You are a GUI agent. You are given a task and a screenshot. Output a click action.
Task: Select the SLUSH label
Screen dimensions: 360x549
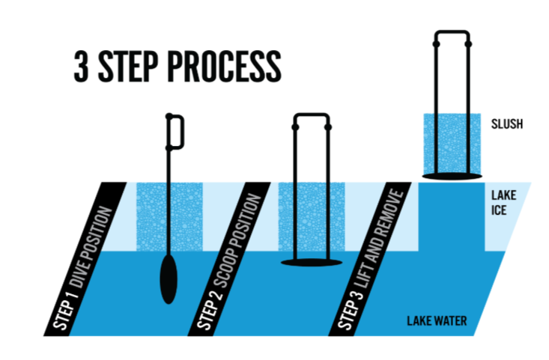tap(507, 124)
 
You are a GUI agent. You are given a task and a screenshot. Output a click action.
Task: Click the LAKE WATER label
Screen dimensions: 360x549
tap(437, 322)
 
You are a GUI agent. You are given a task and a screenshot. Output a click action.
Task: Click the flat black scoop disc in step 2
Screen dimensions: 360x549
tap(310, 262)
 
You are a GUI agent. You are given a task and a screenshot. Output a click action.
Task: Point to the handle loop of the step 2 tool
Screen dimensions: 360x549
tap(310, 120)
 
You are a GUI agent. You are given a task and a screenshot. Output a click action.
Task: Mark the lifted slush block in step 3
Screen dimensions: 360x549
tap(451, 142)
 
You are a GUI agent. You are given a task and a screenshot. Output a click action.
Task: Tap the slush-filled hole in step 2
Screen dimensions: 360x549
tap(310, 217)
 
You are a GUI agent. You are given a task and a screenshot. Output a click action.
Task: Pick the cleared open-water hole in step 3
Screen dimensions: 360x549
tap(451, 217)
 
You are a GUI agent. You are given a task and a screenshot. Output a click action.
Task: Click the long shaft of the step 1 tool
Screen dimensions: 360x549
tap(169, 202)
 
